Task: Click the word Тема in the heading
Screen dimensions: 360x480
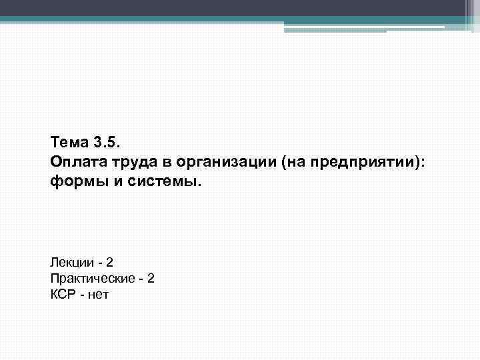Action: [x=67, y=142]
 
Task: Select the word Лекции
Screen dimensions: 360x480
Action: [x=70, y=263]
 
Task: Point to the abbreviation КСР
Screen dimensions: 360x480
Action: [x=63, y=293]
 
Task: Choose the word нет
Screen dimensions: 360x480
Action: [x=97, y=293]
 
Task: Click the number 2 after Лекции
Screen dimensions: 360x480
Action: [x=109, y=263]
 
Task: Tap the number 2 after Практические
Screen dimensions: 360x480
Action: [x=151, y=278]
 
